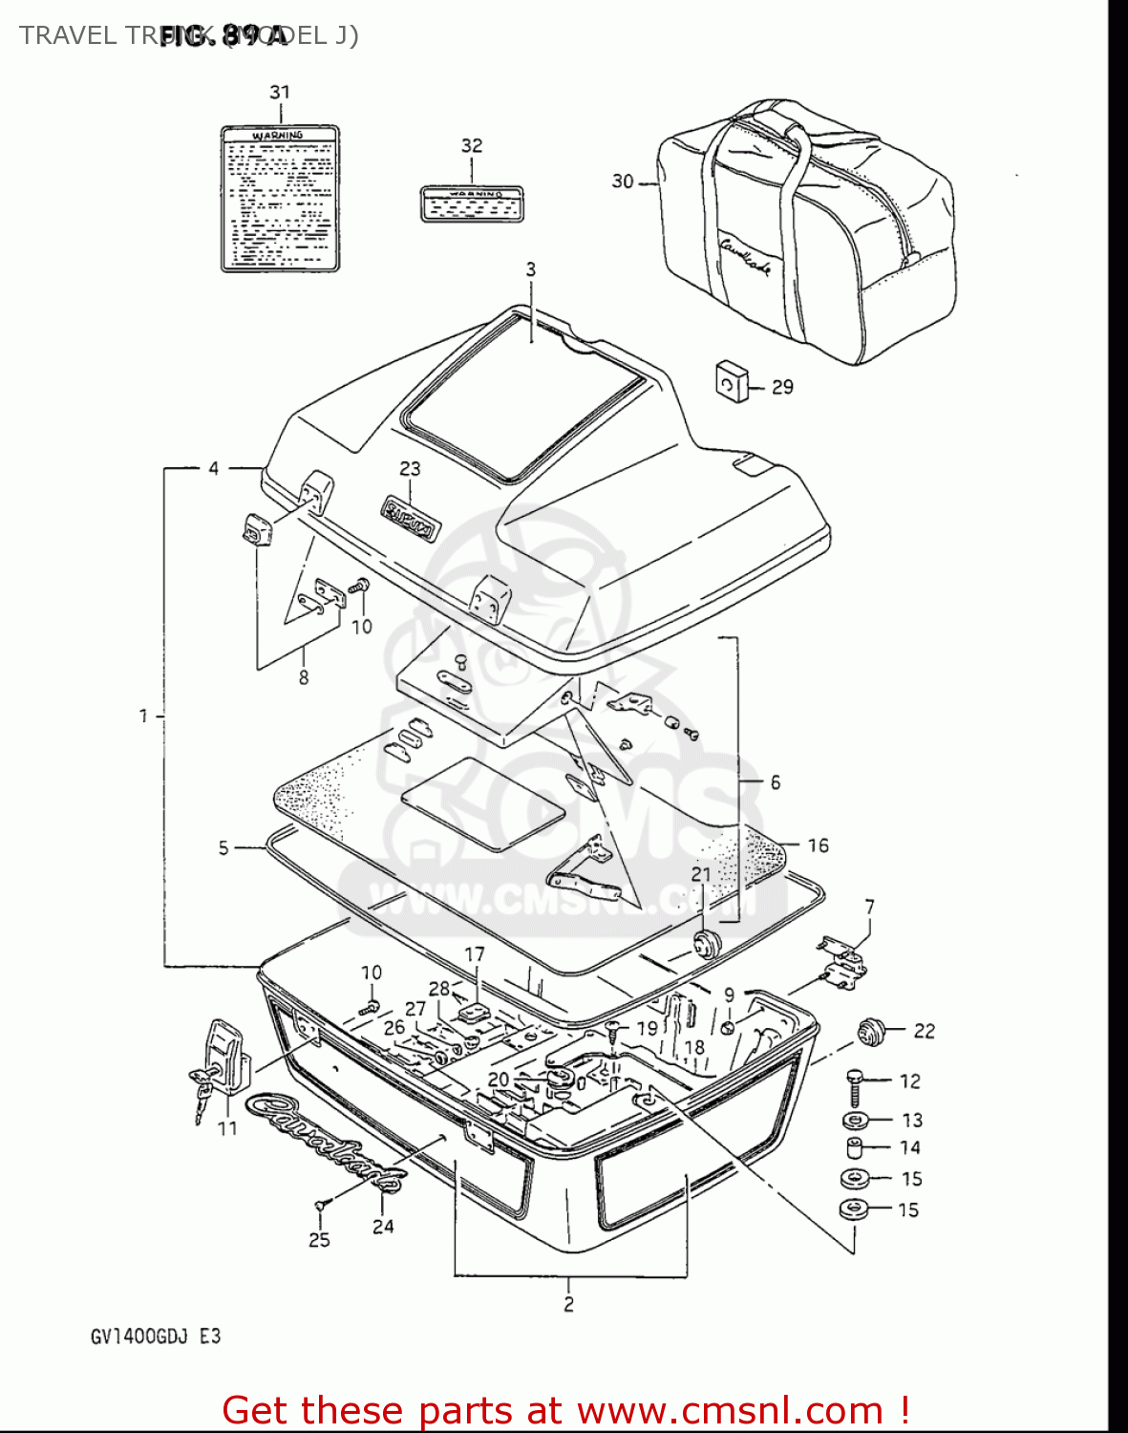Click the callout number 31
(x=279, y=92)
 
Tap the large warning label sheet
(x=280, y=199)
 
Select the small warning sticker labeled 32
(x=473, y=204)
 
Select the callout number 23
(x=410, y=468)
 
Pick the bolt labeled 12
(x=856, y=1086)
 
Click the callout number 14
(x=910, y=1147)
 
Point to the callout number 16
(x=818, y=845)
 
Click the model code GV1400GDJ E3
(x=156, y=1336)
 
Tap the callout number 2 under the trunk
(x=568, y=1303)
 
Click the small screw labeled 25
(x=320, y=1208)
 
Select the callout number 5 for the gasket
(x=223, y=847)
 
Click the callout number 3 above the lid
(x=531, y=269)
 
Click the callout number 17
(x=475, y=953)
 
